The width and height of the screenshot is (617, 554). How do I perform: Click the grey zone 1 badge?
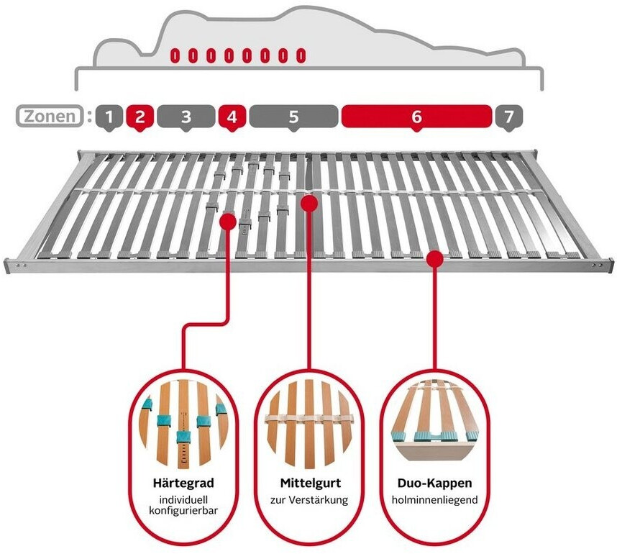tap(109, 117)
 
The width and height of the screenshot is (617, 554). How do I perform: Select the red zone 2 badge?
tap(140, 117)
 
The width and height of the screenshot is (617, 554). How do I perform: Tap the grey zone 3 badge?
tap(186, 117)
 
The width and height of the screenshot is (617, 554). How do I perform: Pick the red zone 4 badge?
tap(232, 117)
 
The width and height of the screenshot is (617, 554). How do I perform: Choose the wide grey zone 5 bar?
tap(293, 117)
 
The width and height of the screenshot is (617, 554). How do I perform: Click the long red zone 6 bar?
tap(416, 117)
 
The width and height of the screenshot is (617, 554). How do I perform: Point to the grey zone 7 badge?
tap(509, 117)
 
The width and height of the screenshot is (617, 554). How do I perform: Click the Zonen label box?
tap(50, 116)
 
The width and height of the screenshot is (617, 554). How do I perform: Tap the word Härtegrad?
tap(183, 483)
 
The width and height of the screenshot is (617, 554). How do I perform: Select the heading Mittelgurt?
tap(311, 483)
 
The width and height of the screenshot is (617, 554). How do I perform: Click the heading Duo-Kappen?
tap(434, 483)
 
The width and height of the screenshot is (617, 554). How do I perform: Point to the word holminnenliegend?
tap(434, 500)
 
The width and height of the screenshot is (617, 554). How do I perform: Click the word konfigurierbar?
tap(183, 511)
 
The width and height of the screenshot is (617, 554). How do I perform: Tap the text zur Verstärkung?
tap(309, 500)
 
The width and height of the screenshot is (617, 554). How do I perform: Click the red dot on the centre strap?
tap(309, 203)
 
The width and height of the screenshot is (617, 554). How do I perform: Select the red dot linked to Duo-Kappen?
tap(435, 259)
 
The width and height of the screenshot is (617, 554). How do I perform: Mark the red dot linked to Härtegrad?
tap(228, 222)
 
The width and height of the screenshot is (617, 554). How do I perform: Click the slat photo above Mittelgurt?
tap(309, 424)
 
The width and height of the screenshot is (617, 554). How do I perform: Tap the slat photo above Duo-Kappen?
tap(434, 420)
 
